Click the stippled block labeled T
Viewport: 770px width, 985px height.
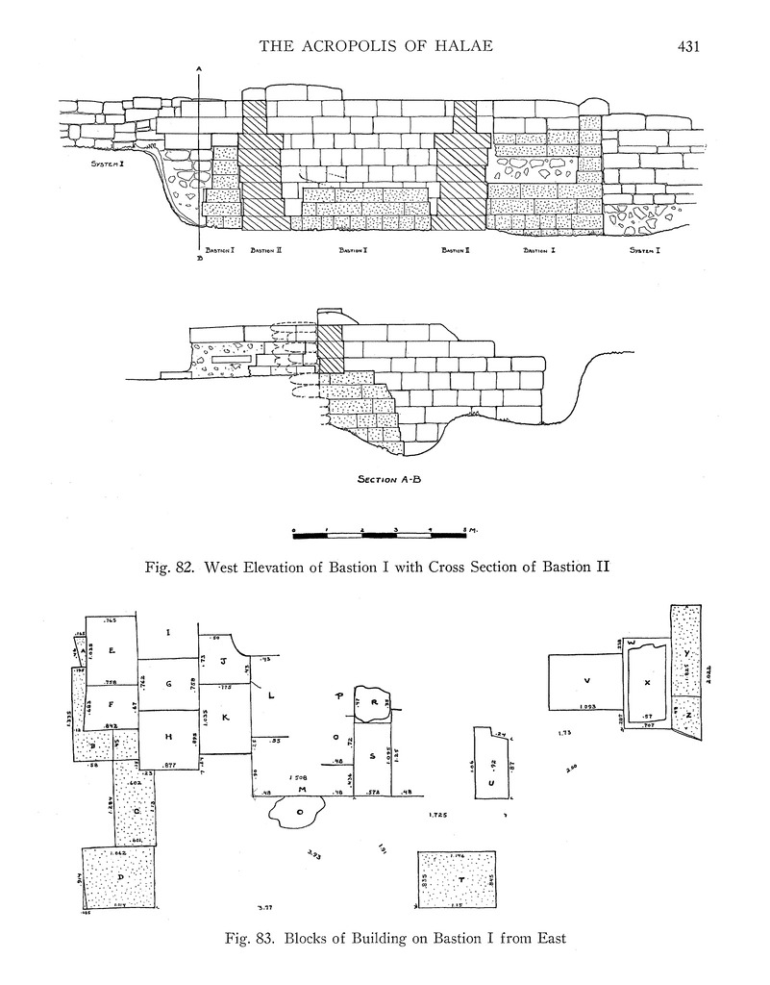coord(457,879)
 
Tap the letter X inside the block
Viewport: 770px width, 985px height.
coord(647,682)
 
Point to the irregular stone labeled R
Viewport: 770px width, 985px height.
coord(371,701)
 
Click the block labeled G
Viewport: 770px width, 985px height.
coord(168,684)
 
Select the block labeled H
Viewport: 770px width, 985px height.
coord(168,737)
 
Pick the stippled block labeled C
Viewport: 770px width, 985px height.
coord(137,810)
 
